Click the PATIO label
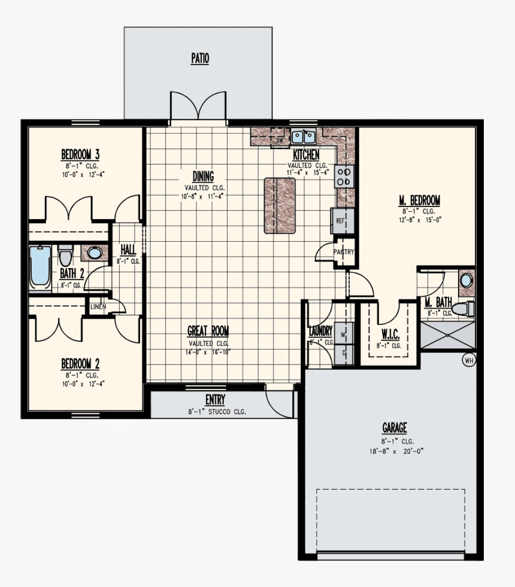click(200, 59)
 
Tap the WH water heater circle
click(468, 360)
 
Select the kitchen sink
click(304, 137)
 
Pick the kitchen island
click(280, 205)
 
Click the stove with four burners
click(344, 177)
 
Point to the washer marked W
click(344, 334)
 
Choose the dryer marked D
click(344, 353)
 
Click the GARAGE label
click(394, 428)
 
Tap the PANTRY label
click(344, 252)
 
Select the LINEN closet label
click(98, 307)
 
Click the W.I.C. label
click(391, 333)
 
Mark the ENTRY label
click(215, 400)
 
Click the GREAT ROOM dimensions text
click(208, 352)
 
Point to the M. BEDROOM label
click(420, 200)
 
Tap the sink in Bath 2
click(95, 253)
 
